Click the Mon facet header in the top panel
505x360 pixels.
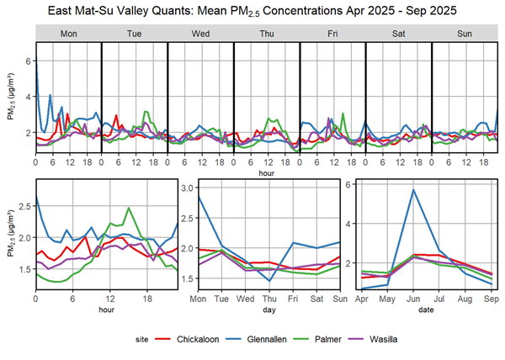coord(68,33)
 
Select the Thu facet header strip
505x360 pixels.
coord(266,33)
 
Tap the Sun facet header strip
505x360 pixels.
coord(464,33)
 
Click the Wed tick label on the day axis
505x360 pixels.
coord(245,300)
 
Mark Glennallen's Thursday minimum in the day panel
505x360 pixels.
coord(269,281)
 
